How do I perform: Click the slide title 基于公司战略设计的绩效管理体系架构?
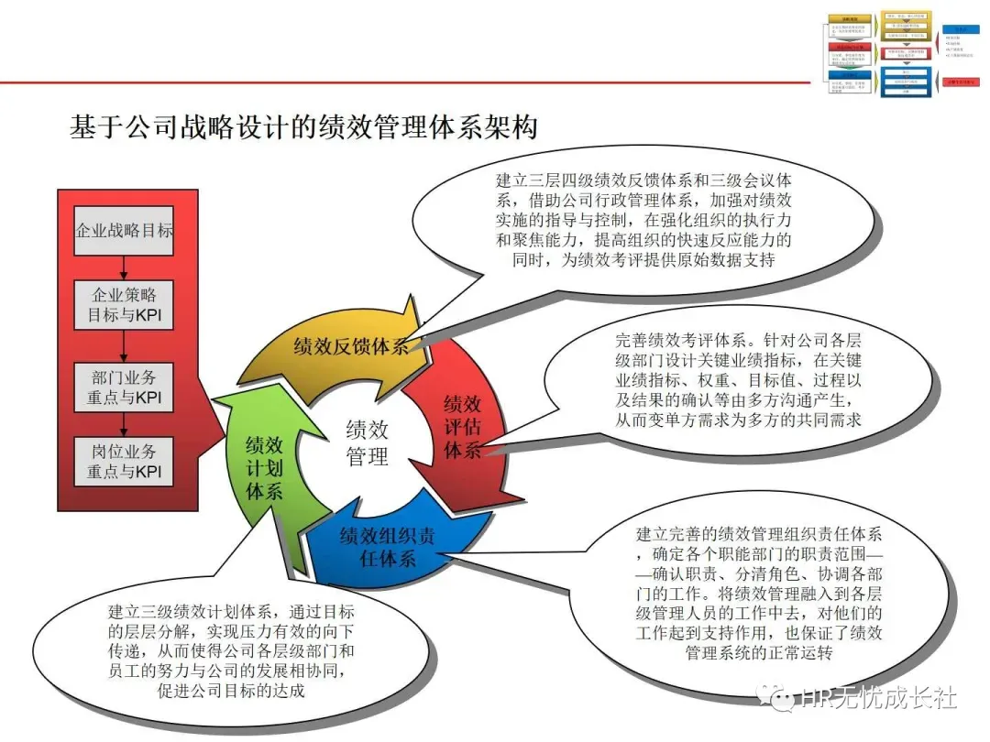click(302, 126)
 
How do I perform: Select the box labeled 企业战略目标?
click(124, 230)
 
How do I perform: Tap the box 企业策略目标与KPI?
click(124, 307)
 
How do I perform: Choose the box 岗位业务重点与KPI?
click(124, 462)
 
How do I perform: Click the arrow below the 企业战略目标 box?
click(124, 267)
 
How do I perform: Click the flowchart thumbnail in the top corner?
click(902, 54)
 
